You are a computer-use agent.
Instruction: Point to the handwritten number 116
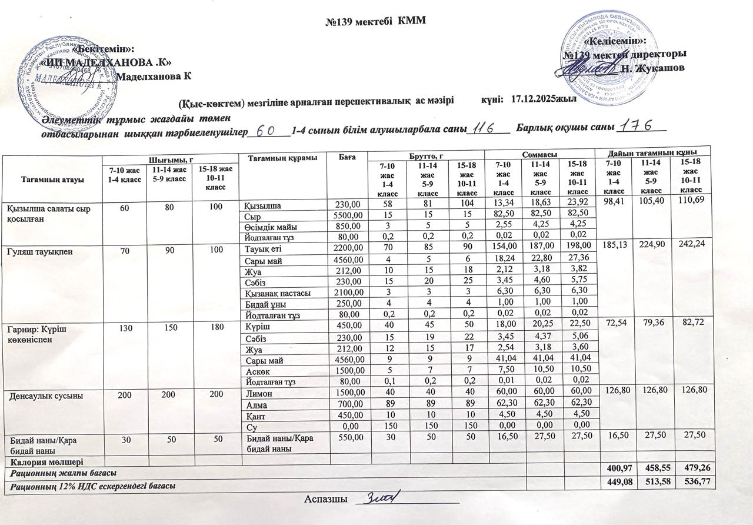(487, 128)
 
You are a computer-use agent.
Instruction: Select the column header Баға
(348, 157)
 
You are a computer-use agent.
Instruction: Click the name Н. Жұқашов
(652, 68)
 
